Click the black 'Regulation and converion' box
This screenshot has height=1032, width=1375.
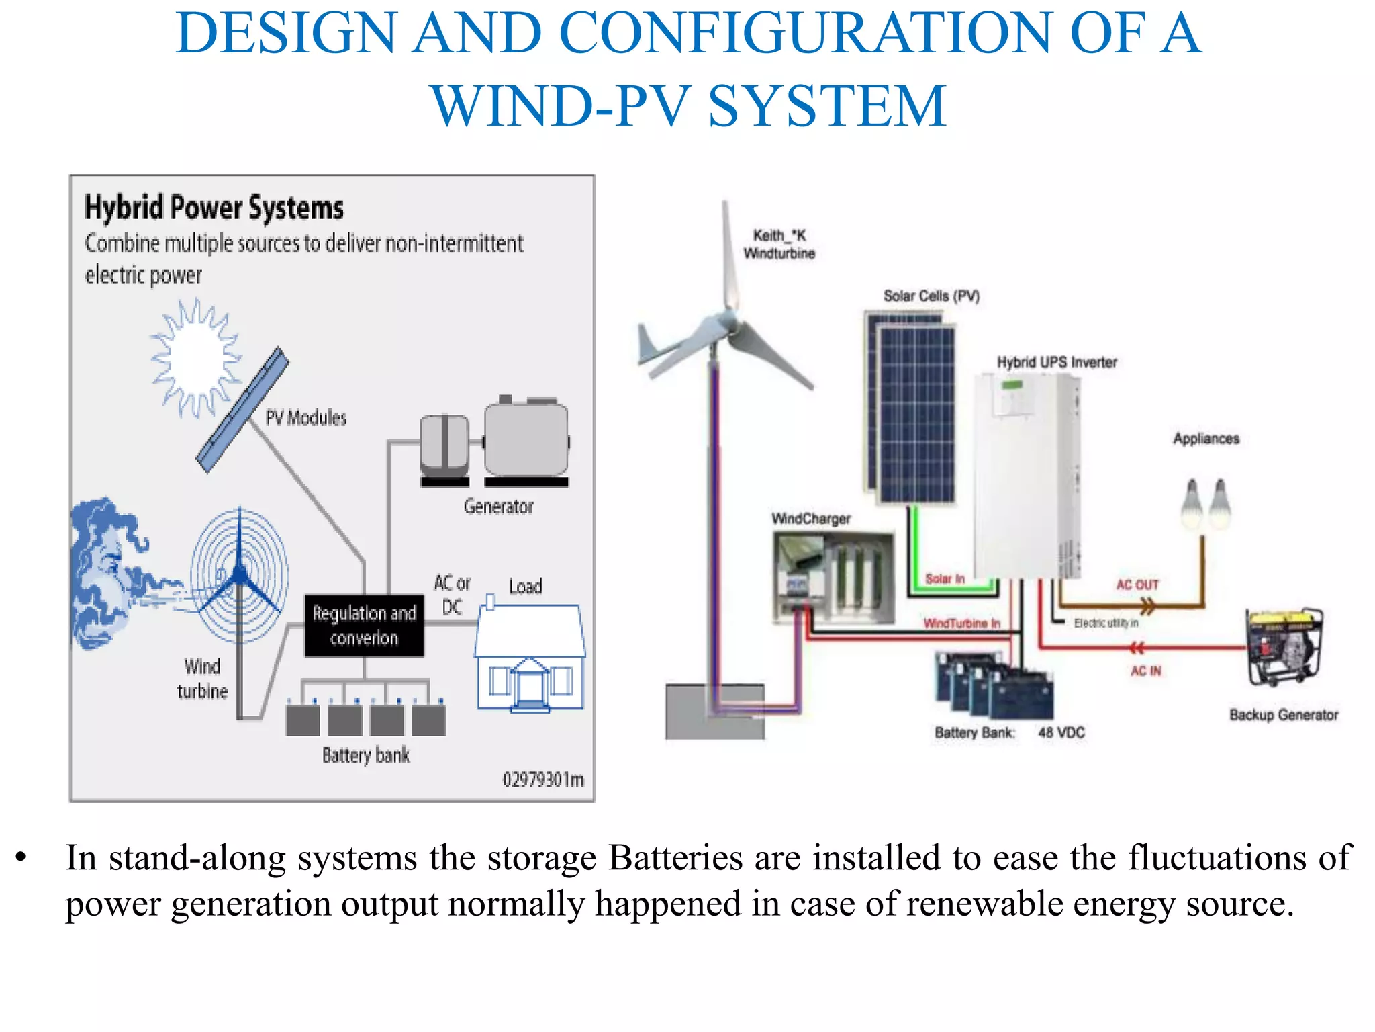click(x=364, y=626)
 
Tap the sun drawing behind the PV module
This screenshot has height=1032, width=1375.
click(x=195, y=359)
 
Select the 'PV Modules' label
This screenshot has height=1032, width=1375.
click(x=306, y=418)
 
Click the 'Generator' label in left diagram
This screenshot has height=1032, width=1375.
click(x=498, y=507)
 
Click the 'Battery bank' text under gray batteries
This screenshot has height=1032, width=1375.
click(x=366, y=755)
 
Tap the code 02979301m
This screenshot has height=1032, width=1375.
click(x=543, y=779)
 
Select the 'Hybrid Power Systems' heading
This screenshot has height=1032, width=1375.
click(x=214, y=208)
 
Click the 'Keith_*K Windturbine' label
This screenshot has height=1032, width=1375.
click(x=779, y=245)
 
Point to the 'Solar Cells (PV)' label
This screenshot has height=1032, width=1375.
click(x=931, y=296)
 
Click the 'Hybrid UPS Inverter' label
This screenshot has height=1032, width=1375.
click(x=1057, y=362)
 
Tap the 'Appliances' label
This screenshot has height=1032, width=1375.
click(x=1206, y=439)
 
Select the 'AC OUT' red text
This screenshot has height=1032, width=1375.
click(x=1137, y=585)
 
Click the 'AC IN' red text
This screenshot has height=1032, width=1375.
click(x=1145, y=671)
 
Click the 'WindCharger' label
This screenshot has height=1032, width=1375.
click(x=810, y=519)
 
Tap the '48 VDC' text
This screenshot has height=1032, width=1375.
click(x=1061, y=732)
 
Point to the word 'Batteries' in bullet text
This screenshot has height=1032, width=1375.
click(x=675, y=858)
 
